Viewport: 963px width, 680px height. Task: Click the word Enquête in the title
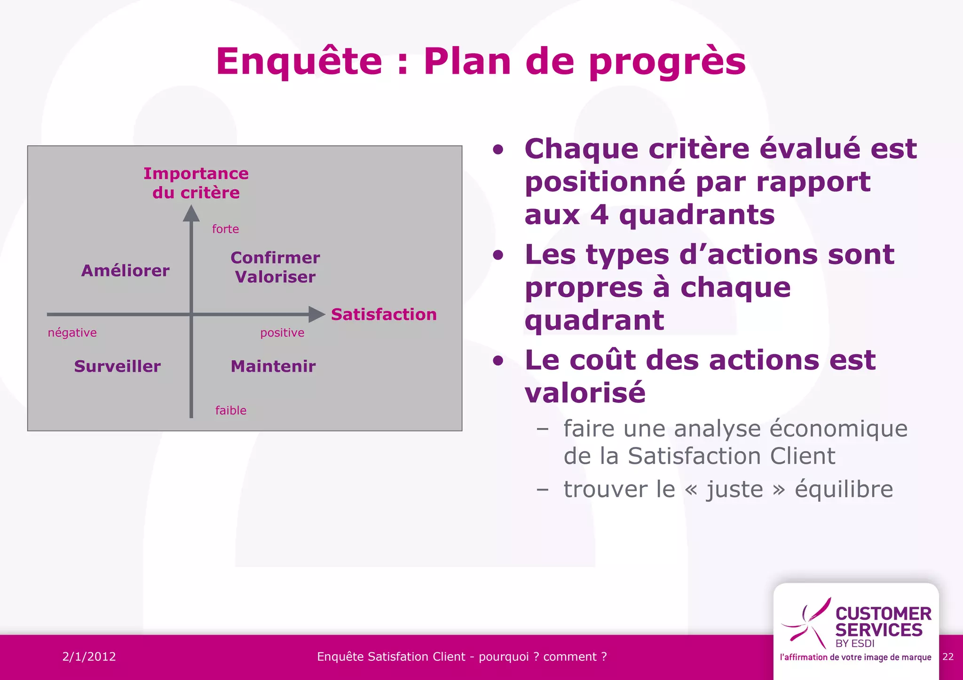pos(299,61)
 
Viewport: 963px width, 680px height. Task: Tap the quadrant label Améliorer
pos(125,271)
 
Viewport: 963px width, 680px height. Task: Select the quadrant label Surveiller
pos(118,366)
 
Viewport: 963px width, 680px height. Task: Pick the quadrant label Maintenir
pos(273,366)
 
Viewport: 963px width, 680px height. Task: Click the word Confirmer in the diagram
pos(275,258)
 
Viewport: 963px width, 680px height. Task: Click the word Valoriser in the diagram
pos(275,277)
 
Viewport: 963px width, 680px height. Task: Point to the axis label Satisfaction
pos(384,314)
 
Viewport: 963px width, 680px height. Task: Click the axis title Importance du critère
pos(196,183)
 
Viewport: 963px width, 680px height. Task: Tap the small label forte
pos(225,229)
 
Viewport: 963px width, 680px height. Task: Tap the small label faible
pos(230,410)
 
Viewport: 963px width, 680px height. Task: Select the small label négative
pos(72,333)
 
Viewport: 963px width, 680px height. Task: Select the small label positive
pos(282,333)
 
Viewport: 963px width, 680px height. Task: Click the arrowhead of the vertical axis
pos(191,214)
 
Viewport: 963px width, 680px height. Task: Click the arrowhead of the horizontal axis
pos(316,314)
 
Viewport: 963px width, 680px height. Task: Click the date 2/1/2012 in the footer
pos(89,657)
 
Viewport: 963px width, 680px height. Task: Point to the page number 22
pos(948,657)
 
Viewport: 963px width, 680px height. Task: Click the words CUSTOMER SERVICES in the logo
pos(882,622)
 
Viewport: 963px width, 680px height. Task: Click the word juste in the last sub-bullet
pos(735,490)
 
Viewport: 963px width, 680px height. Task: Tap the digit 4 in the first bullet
pos(600,215)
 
